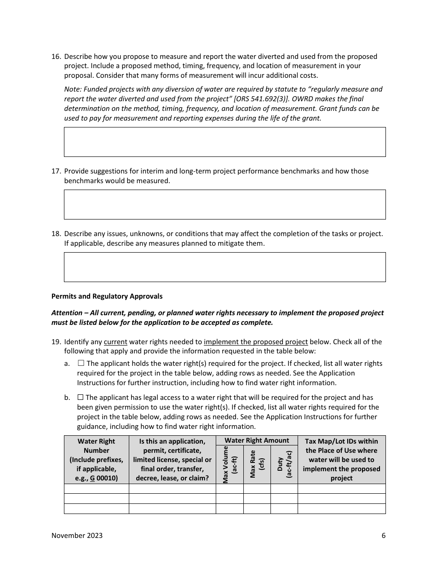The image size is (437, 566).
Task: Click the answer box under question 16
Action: point(224,142)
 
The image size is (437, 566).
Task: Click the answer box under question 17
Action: point(224,204)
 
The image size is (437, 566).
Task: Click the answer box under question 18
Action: point(224,267)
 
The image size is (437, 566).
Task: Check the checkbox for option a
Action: point(81,363)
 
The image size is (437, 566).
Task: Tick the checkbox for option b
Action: point(80,397)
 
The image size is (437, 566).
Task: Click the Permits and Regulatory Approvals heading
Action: point(107,296)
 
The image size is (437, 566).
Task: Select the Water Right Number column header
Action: point(97,459)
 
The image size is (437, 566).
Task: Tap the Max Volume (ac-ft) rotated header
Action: point(230,465)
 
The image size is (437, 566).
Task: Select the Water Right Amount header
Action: point(257,440)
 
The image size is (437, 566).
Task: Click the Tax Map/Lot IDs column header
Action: point(341,459)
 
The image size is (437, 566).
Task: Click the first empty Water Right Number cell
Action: point(97,489)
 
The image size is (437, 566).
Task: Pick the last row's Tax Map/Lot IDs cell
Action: point(341,508)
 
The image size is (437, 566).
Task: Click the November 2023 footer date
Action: point(77,535)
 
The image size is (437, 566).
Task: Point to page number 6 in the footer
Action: point(383,535)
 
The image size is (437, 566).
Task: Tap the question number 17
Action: point(56,171)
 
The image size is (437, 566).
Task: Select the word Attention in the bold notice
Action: point(67,313)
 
